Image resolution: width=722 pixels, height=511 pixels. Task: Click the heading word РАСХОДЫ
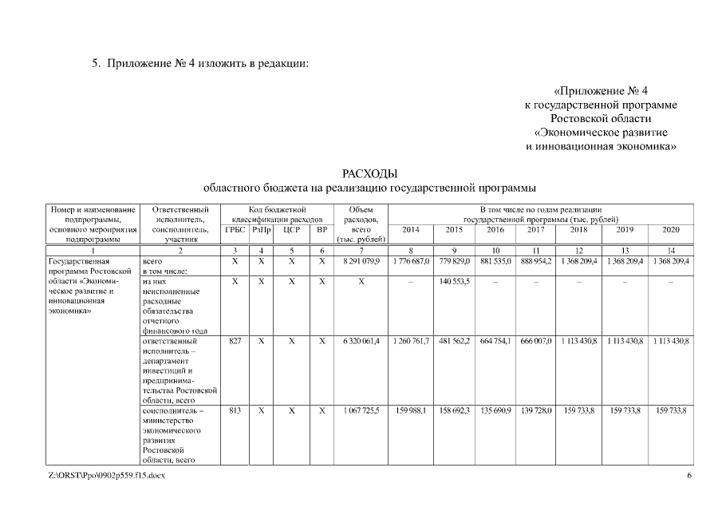tap(369, 174)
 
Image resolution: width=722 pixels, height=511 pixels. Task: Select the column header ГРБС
tap(235, 229)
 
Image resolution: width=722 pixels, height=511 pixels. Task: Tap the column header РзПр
tap(262, 229)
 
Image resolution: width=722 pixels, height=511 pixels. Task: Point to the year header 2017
tap(535, 229)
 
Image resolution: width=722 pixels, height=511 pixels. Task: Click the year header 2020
tap(671, 229)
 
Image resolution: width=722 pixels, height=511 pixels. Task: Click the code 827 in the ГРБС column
tap(235, 341)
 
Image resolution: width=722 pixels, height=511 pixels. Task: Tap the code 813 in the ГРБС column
tap(235, 410)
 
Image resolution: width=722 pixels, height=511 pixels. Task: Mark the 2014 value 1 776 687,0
tap(411, 261)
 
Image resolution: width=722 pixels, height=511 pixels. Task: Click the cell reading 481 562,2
tap(454, 341)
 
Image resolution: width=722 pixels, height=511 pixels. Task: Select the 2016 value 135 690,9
tap(496, 410)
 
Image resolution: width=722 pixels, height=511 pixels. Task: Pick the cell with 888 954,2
tap(535, 261)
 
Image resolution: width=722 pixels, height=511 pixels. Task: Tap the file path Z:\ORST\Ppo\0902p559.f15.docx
tap(101, 476)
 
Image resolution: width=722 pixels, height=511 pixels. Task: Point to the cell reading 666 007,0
tap(535, 341)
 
